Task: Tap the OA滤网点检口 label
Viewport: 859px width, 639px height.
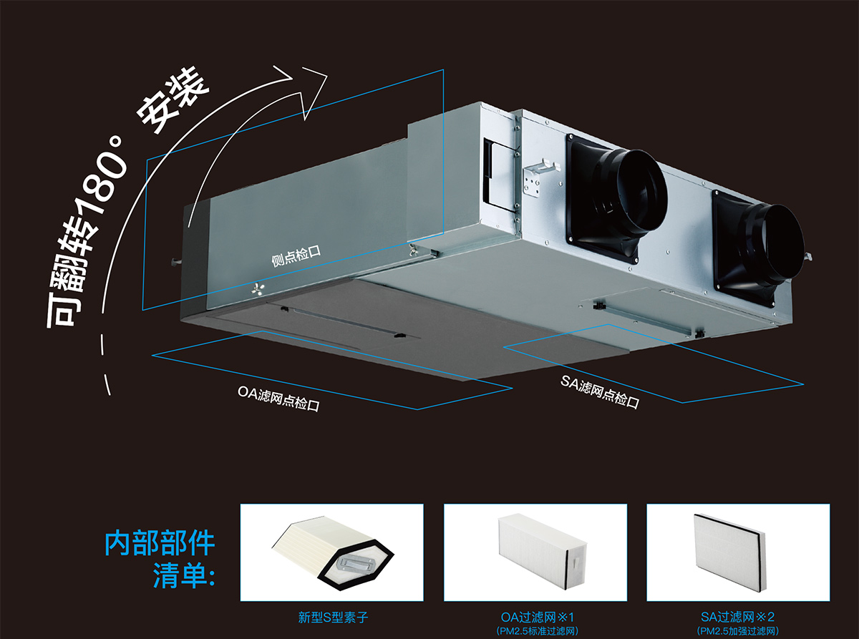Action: coord(278,399)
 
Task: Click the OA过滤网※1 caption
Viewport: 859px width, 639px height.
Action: coord(536,616)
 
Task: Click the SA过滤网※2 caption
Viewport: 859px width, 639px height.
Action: coord(738,616)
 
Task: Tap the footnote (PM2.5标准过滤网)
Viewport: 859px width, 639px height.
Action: coord(536,631)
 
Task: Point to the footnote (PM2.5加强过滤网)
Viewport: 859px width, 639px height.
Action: coord(738,631)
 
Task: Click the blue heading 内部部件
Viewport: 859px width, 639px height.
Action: coord(160,543)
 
